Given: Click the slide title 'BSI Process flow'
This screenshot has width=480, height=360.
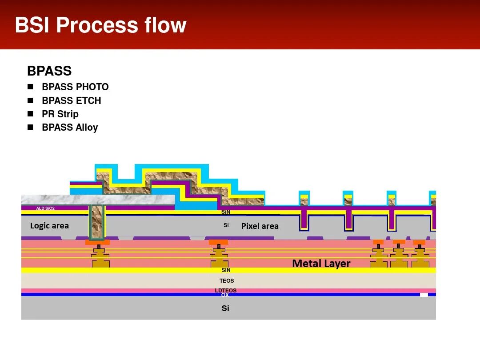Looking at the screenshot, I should [x=100, y=25].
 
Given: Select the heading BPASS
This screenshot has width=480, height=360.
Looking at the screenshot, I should [x=49, y=71].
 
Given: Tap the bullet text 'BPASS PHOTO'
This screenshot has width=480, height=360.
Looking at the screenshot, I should [x=75, y=87].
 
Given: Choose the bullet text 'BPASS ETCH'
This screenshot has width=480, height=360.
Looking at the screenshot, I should [x=71, y=100].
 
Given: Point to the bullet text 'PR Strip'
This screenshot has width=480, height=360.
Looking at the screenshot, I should [x=60, y=114].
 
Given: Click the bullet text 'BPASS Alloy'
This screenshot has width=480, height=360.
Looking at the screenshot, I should [x=70, y=128].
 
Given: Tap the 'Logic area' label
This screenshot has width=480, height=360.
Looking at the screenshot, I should [x=49, y=226].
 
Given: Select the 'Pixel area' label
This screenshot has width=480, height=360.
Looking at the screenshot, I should [x=260, y=226].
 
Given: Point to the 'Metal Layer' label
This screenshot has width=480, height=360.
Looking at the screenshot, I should [x=321, y=264].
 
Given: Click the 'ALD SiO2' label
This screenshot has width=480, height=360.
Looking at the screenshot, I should [x=45, y=208].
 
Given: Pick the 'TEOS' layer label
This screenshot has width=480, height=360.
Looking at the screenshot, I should [x=226, y=281].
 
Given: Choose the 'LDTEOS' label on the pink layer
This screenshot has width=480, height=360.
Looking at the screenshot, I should [x=226, y=290].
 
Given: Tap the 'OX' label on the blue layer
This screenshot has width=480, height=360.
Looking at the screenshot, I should [x=225, y=295].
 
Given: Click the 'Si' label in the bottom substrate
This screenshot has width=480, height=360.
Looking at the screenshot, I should [x=225, y=308].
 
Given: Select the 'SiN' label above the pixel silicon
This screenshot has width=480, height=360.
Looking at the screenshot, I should [x=226, y=212].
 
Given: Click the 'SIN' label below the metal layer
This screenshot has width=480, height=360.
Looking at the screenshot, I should [x=226, y=270].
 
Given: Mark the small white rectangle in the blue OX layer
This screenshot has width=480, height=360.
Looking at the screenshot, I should [x=424, y=295].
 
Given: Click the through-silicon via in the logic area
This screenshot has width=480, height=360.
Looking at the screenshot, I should [x=97, y=222].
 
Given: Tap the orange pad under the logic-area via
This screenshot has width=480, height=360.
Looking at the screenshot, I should [x=97, y=242].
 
